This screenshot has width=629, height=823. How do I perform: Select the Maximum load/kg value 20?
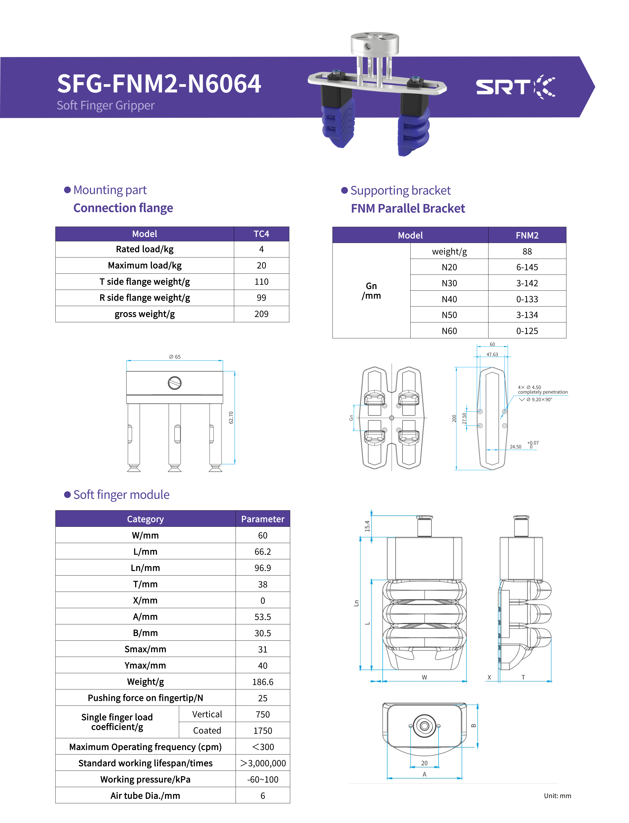tap(261, 265)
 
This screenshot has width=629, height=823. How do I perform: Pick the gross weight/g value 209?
tap(261, 314)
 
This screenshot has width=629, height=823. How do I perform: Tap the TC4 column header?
tap(261, 234)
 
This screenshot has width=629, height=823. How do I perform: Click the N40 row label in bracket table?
tap(449, 299)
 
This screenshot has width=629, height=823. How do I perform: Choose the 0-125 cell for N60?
tap(527, 331)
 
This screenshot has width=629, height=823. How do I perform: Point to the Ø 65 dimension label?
tap(175, 357)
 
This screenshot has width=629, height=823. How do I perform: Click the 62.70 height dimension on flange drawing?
tap(231, 418)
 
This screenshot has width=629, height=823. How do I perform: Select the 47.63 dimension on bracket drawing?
tap(492, 355)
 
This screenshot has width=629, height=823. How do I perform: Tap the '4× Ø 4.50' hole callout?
tap(529, 387)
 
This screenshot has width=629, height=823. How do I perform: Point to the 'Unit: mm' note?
tap(557, 796)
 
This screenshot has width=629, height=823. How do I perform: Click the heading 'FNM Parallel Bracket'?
tap(408, 208)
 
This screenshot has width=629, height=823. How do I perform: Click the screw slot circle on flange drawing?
tap(175, 383)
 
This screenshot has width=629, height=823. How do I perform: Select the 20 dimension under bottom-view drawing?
tap(424, 763)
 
